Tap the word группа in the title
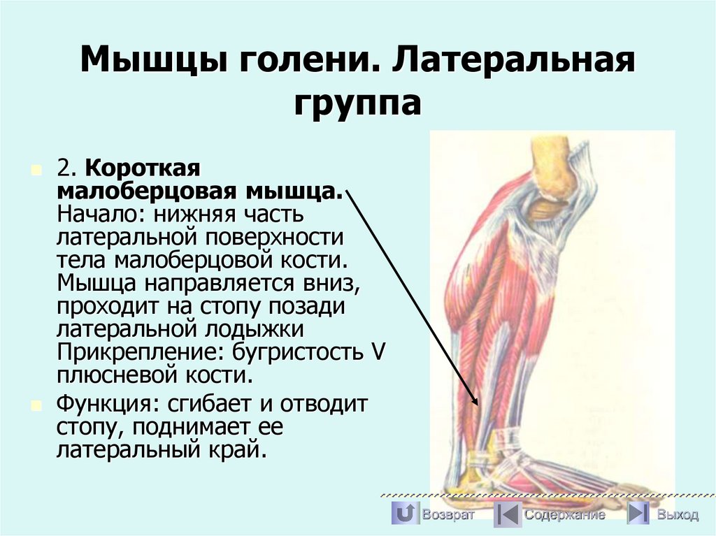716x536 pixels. click(x=357, y=103)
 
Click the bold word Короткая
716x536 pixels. click(x=143, y=168)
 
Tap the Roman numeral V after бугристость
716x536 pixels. click(x=377, y=352)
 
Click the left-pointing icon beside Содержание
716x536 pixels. click(x=507, y=514)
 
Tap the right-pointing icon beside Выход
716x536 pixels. click(x=638, y=514)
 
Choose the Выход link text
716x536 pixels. click(x=677, y=515)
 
